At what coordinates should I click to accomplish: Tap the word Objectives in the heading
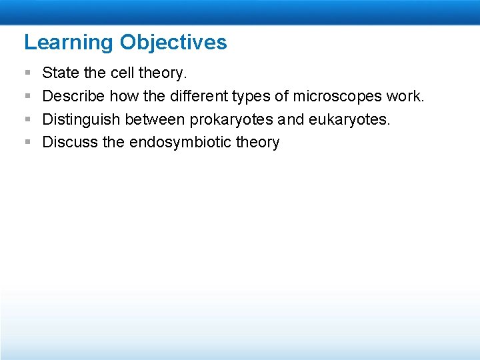[x=173, y=43]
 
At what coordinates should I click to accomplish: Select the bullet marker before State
[x=27, y=73]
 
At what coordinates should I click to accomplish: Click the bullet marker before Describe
[x=27, y=96]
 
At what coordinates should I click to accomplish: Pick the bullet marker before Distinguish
[x=27, y=119]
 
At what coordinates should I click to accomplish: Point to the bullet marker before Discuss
[x=27, y=142]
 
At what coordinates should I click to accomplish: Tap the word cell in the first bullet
[x=118, y=73]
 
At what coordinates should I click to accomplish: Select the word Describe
[x=73, y=96]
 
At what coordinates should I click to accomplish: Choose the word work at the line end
[x=404, y=96]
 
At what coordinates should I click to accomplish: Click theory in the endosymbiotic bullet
[x=257, y=142]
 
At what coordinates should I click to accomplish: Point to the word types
[x=251, y=96]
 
